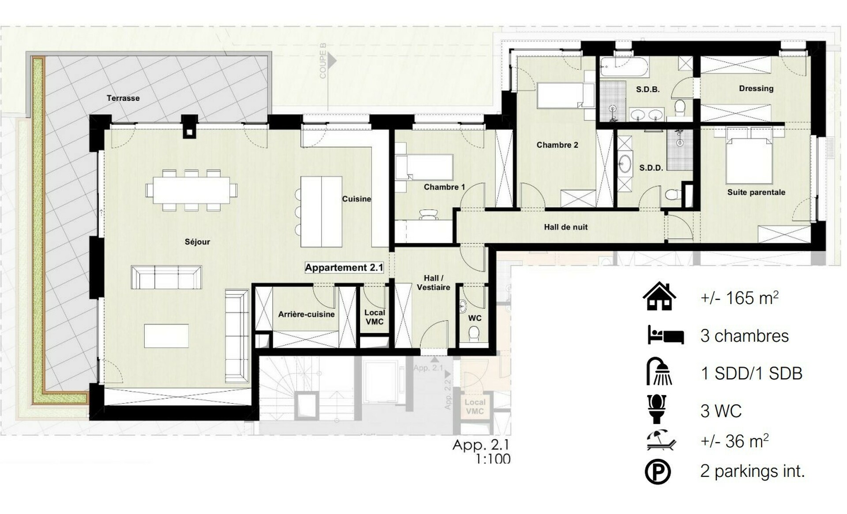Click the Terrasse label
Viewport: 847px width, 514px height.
coord(123,98)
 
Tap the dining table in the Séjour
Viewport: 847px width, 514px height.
coord(191,190)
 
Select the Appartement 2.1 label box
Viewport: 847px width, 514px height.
coord(344,268)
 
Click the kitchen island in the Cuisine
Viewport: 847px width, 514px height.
coord(321,212)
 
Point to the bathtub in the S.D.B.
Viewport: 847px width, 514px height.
coord(624,67)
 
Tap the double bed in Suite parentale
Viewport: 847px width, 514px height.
coord(749,160)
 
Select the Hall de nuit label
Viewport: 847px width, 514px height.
coord(565,227)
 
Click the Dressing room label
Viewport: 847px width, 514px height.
coord(756,89)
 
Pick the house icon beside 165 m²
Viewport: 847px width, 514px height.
coord(659,297)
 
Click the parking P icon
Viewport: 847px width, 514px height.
coord(658,472)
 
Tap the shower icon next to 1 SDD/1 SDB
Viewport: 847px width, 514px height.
coord(659,372)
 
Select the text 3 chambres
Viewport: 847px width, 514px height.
coord(744,336)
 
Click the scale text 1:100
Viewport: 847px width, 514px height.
coord(493,459)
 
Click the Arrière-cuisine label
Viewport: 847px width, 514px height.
coord(306,314)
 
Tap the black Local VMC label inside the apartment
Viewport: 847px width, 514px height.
coord(374,317)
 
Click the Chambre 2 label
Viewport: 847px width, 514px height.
coord(557,145)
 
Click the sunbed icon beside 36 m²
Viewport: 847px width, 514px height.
coord(660,441)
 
